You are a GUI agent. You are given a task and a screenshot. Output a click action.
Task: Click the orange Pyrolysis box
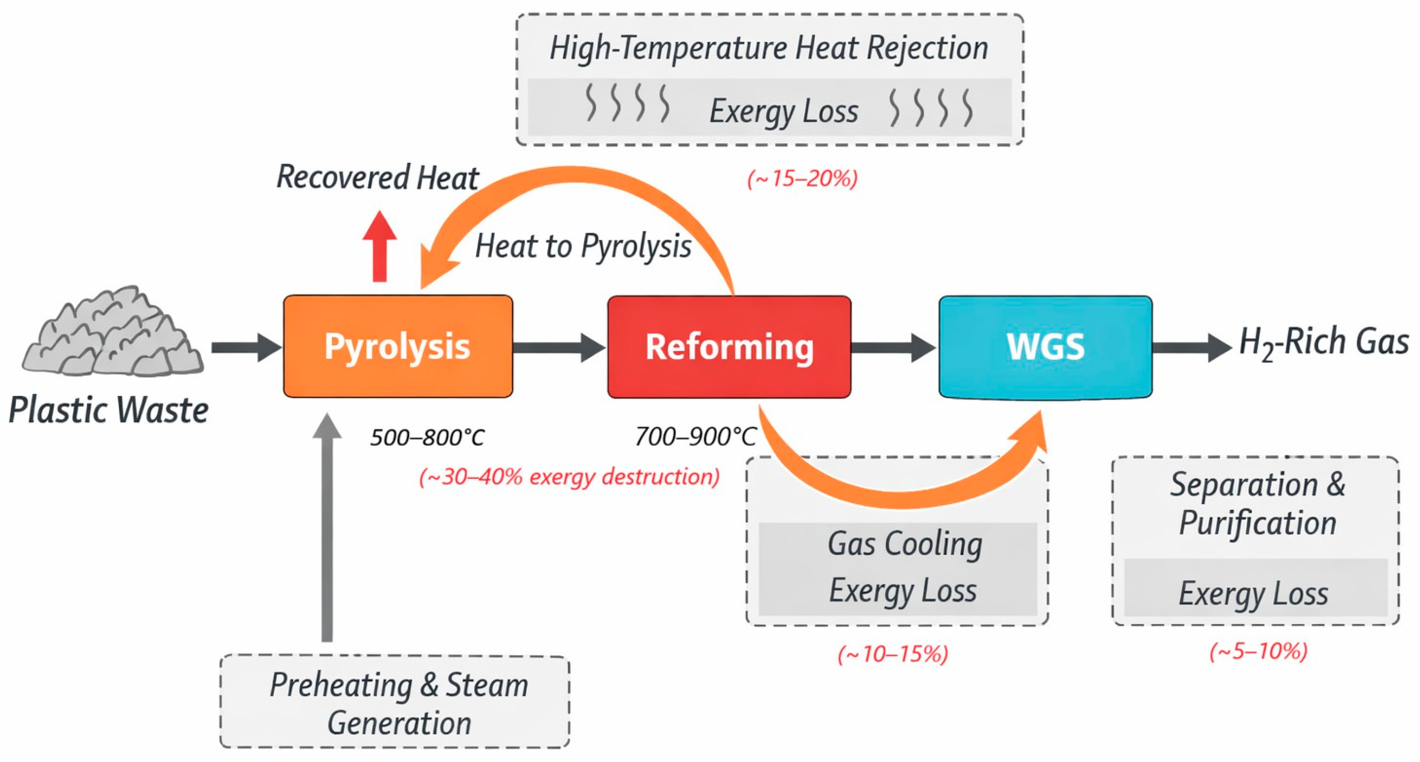click(397, 346)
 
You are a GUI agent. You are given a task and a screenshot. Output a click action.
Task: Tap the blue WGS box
click(1045, 347)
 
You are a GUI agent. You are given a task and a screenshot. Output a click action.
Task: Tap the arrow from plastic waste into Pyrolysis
click(246, 348)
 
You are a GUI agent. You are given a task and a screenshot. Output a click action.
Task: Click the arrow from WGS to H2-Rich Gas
click(1191, 348)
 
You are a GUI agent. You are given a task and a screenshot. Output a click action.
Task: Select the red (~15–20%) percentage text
click(802, 179)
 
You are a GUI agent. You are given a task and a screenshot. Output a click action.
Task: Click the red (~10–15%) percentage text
click(892, 654)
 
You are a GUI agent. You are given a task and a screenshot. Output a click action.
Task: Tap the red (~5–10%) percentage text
click(1258, 652)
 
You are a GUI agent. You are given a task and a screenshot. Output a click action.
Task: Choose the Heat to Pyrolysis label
click(583, 246)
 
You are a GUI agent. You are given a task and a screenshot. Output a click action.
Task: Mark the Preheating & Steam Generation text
click(399, 704)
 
